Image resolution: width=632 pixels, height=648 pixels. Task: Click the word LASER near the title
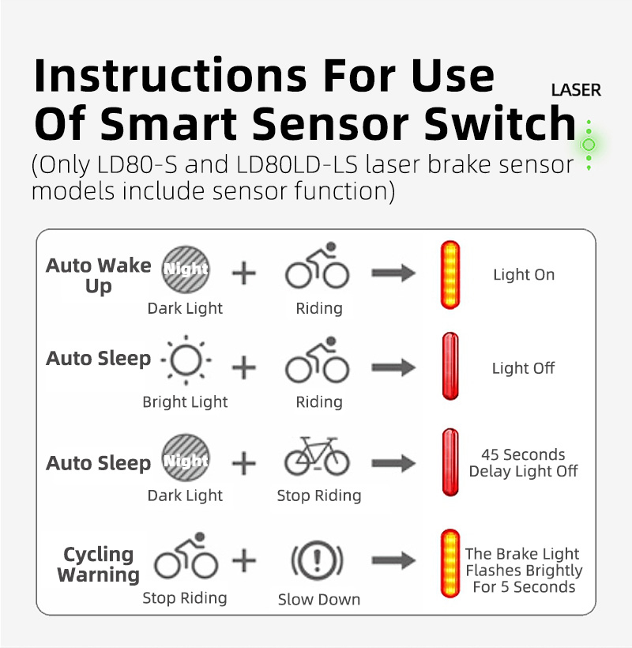(576, 90)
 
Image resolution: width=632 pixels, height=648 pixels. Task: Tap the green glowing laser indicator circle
(589, 145)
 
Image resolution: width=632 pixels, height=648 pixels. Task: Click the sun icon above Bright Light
(186, 360)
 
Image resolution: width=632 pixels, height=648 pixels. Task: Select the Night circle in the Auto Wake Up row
(186, 269)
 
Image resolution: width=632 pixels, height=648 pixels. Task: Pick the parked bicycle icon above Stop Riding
(317, 456)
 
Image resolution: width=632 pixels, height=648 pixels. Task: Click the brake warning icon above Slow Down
(318, 560)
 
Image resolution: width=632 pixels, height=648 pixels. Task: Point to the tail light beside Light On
(450, 275)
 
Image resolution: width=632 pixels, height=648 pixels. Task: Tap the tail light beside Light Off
(450, 366)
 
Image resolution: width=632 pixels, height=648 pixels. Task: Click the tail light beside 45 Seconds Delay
(450, 462)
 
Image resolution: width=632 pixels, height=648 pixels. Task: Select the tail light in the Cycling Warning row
(450, 563)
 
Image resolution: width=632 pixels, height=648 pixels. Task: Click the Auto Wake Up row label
(98, 276)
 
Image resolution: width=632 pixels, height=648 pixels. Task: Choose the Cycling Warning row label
(98, 564)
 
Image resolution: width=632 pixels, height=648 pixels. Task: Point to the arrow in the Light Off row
(393, 367)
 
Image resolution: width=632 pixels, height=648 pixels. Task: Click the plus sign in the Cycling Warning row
(244, 561)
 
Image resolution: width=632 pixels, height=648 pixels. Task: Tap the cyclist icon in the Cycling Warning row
(186, 555)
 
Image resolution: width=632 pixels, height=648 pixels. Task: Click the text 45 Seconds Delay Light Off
(523, 463)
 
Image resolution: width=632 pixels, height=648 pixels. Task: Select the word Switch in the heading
(500, 123)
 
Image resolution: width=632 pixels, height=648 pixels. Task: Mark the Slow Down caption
(319, 599)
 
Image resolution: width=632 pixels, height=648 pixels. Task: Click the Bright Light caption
(185, 401)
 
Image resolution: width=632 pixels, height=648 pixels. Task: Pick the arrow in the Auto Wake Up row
(393, 273)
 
